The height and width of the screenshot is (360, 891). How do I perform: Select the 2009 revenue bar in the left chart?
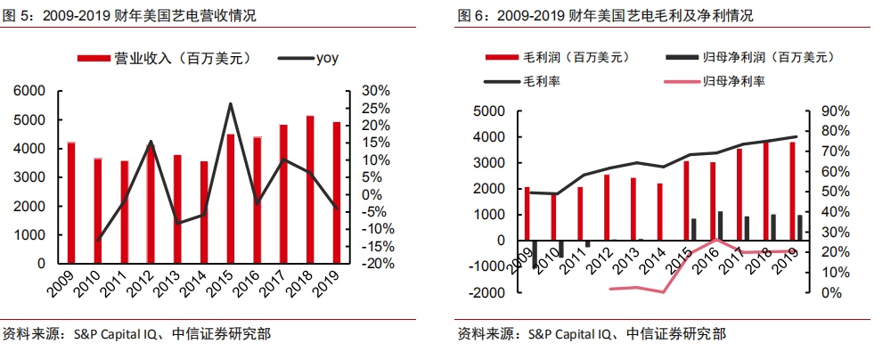(71, 203)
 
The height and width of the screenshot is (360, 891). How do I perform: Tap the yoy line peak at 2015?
(231, 104)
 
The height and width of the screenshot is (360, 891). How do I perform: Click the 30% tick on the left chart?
(376, 91)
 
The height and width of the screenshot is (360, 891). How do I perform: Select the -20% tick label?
(376, 264)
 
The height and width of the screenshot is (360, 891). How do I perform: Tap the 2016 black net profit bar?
(721, 226)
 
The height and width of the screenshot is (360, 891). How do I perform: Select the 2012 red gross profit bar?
(607, 208)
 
